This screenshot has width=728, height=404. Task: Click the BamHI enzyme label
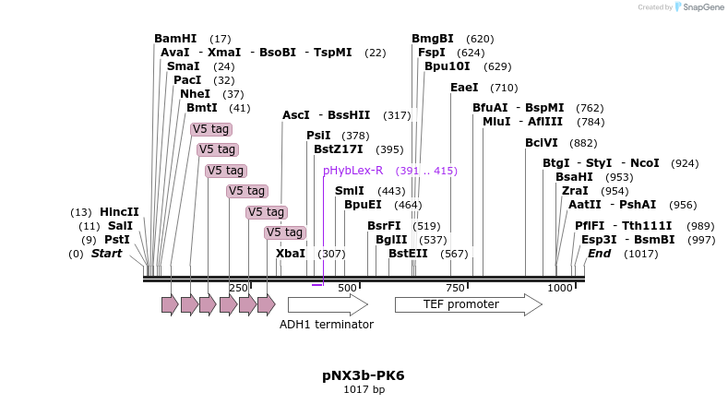click(175, 39)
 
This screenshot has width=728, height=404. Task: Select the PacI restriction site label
click(187, 80)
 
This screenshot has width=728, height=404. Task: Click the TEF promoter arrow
click(468, 304)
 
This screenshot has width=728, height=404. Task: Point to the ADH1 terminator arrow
click(328, 304)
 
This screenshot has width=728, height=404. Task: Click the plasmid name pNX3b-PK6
click(364, 375)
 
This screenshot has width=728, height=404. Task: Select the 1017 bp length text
click(364, 389)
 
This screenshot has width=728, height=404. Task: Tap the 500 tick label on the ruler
click(347, 288)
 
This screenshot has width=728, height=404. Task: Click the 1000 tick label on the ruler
click(560, 288)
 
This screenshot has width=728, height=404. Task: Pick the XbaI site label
click(291, 253)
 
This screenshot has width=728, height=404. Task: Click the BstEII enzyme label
click(408, 253)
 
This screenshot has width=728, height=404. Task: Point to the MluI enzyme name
click(496, 121)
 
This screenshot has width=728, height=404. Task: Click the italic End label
click(599, 253)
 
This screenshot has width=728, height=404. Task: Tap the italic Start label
click(106, 253)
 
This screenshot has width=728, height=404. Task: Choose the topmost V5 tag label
click(211, 129)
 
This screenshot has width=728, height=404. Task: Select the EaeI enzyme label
click(464, 88)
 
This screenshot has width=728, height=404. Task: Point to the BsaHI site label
click(574, 176)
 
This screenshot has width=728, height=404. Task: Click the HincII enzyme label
click(119, 211)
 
